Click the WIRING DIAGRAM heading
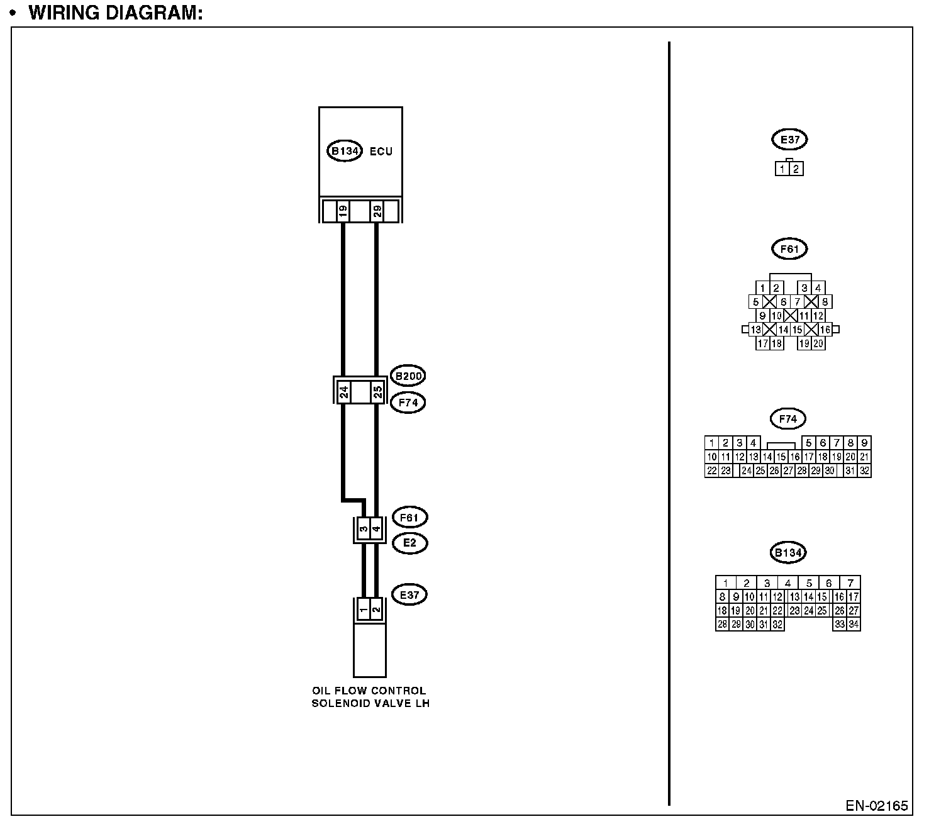tap(116, 13)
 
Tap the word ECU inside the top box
tap(381, 151)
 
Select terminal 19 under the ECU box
tap(343, 211)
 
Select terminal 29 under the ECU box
tap(377, 211)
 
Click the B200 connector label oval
tap(408, 376)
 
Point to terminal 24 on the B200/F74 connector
tap(344, 393)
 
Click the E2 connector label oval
tap(409, 543)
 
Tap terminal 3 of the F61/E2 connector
tap(364, 529)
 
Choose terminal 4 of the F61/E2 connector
tap(376, 529)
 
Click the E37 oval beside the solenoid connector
tap(409, 594)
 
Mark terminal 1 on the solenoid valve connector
tap(363, 610)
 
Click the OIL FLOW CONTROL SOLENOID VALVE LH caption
tap(370, 697)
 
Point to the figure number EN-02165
tap(876, 806)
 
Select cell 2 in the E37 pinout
tap(796, 169)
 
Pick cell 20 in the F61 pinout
tap(818, 343)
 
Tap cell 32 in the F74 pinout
tap(864, 470)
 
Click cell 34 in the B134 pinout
tap(853, 625)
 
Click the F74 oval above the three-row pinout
tap(787, 418)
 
